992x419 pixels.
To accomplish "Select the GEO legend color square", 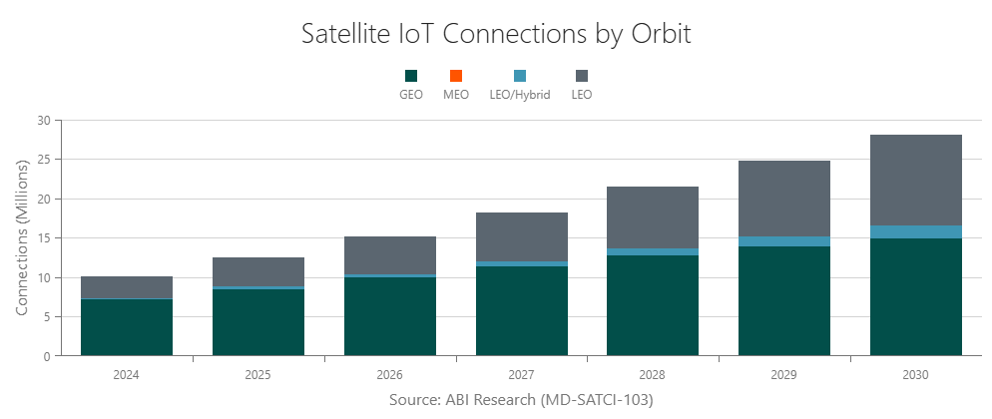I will pyautogui.click(x=410, y=76).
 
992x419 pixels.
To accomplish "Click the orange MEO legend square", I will pyautogui.click(x=456, y=76).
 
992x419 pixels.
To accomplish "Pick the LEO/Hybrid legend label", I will pyautogui.click(x=519, y=95).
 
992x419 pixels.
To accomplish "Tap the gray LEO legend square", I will pyautogui.click(x=582, y=76).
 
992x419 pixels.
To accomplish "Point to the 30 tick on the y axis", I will pyautogui.click(x=43, y=120).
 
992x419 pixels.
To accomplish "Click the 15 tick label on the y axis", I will pyautogui.click(x=43, y=238).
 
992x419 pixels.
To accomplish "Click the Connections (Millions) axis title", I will pyautogui.click(x=21, y=237).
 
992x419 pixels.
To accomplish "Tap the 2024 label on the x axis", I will pyautogui.click(x=127, y=375).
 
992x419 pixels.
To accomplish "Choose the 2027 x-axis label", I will pyautogui.click(x=521, y=375).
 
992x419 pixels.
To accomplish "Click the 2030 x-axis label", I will pyautogui.click(x=915, y=375).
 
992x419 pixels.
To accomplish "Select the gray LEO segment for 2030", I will pyautogui.click(x=915, y=180).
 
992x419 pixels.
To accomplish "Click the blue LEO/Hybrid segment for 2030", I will pyautogui.click(x=915, y=231).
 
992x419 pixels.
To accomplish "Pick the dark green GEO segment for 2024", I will pyautogui.click(x=127, y=327).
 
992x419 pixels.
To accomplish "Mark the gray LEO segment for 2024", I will pyautogui.click(x=127, y=287).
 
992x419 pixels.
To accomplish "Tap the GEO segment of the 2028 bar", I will pyautogui.click(x=653, y=305).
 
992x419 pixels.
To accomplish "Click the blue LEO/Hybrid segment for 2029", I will pyautogui.click(x=784, y=241).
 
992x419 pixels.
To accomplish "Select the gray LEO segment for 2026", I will pyautogui.click(x=390, y=255).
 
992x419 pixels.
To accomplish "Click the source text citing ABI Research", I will pyautogui.click(x=520, y=399).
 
